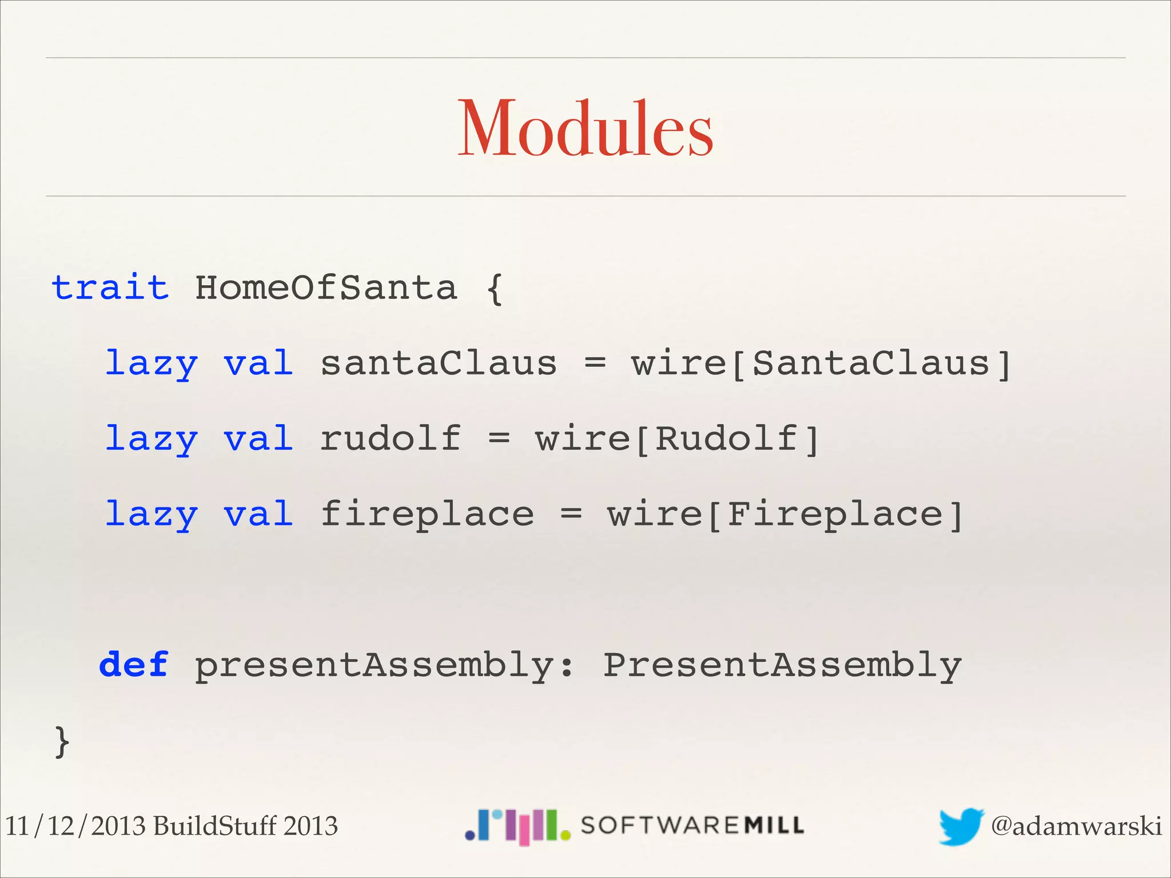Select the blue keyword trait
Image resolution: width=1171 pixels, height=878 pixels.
110,287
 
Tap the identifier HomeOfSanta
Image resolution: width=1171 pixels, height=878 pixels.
326,287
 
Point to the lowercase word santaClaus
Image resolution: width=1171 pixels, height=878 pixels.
439,364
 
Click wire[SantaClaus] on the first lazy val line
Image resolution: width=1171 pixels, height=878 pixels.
821,364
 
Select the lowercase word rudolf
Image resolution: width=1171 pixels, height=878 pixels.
390,438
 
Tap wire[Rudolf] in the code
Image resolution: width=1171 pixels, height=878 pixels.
678,439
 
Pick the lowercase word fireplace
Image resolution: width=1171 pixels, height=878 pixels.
427,514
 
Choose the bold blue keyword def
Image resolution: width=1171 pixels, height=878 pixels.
134,665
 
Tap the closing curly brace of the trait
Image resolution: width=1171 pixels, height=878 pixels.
62,742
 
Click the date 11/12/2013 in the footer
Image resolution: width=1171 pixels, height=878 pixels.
75,826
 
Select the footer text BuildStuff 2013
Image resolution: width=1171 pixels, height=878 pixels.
246,826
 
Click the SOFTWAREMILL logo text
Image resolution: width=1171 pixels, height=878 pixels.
692,825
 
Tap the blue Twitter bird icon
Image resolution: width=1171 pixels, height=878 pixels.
961,826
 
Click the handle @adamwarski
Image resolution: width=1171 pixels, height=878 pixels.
1076,826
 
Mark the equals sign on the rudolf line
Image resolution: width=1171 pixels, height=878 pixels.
499,439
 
